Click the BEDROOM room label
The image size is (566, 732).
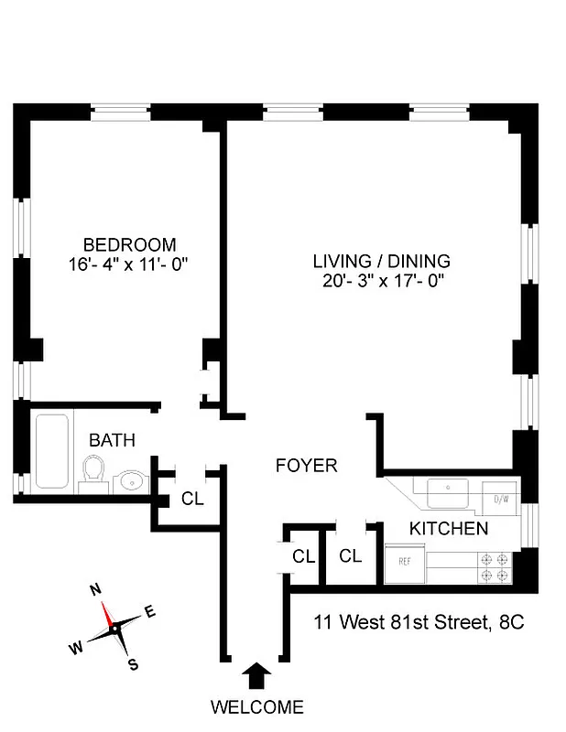[x=129, y=244]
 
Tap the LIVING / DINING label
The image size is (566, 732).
[x=381, y=262]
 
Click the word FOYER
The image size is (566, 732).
[x=306, y=466]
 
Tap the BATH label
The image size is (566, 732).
[x=112, y=440]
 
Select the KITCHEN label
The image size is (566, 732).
[x=448, y=528]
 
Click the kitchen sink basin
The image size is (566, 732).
[x=448, y=493]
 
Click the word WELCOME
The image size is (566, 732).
[x=256, y=706]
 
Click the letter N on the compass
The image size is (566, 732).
[x=95, y=590]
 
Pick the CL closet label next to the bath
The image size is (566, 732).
[x=192, y=499]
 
